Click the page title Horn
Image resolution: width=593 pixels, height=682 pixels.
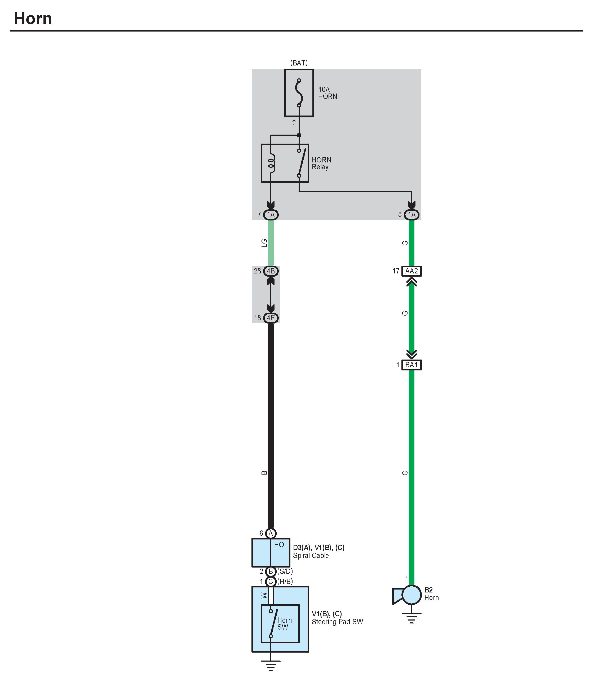point(33,19)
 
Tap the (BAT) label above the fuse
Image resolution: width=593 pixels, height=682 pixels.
point(299,63)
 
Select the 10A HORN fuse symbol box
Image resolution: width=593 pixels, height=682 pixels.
point(299,93)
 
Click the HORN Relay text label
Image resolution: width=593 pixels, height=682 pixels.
point(321,163)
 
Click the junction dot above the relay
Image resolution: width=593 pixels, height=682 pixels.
point(299,135)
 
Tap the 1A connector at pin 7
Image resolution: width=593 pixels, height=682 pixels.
point(271,215)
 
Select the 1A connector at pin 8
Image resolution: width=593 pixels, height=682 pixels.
point(411,215)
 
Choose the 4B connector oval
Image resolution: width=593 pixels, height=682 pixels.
point(271,271)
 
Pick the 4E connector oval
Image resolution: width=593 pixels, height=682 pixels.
point(271,318)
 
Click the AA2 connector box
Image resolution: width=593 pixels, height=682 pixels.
point(411,271)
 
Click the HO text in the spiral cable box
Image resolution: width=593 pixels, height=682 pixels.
point(279,545)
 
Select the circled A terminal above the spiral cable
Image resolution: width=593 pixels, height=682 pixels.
point(271,533)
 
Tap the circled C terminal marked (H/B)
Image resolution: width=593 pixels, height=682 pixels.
point(271,581)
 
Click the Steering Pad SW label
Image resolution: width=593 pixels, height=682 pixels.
point(337,622)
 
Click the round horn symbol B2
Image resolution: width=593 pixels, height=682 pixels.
point(411,595)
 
